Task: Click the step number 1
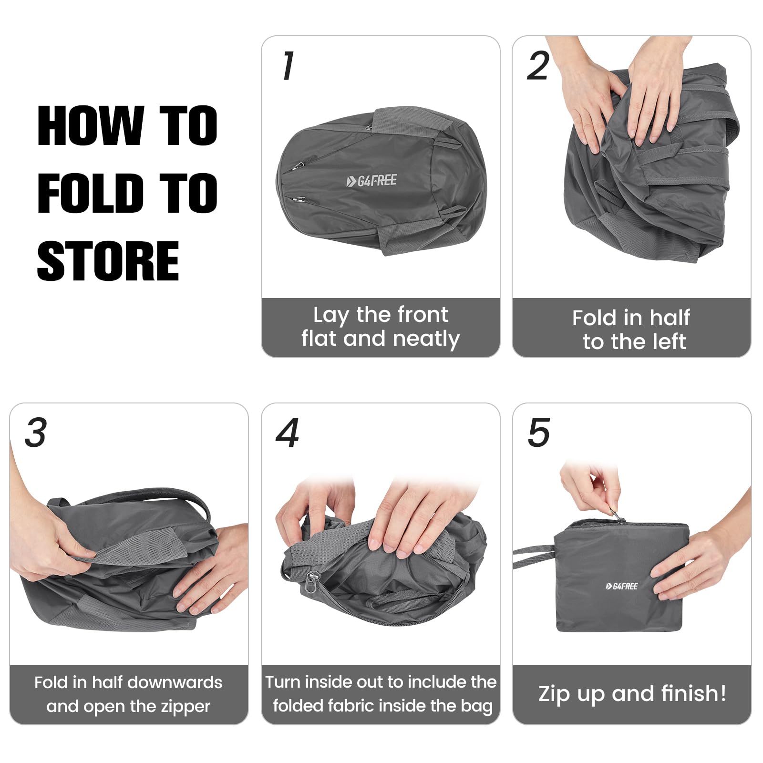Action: point(288,65)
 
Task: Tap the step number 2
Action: point(538,66)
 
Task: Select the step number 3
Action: point(36,433)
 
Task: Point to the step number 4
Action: point(288,433)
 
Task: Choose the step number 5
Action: point(539,433)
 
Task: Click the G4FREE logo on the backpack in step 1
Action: point(371,181)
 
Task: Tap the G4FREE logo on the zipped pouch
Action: point(621,586)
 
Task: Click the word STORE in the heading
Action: point(108,261)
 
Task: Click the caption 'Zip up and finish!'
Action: point(632,694)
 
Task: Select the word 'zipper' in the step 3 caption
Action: point(186,707)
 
